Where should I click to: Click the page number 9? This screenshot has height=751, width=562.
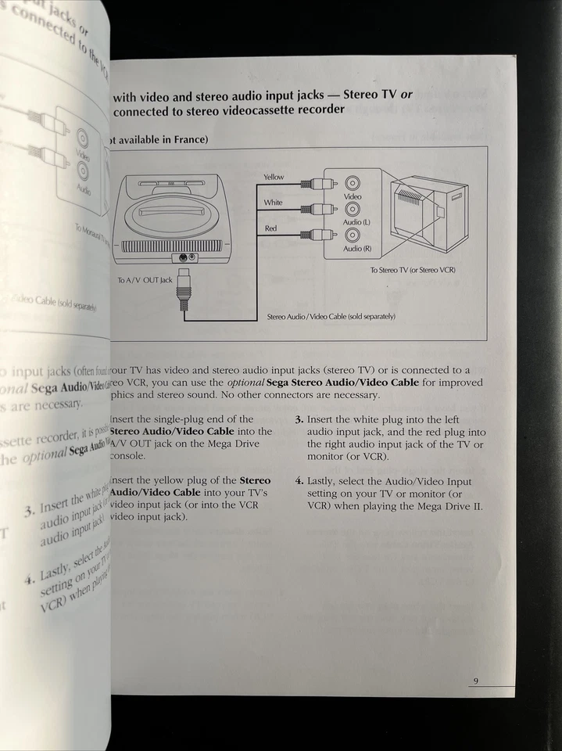coord(474,681)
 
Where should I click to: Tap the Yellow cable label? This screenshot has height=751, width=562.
coord(274,177)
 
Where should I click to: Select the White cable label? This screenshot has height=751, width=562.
coord(273,203)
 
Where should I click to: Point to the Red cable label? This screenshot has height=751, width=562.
coord(270,228)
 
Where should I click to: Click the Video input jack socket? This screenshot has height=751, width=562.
coord(353,184)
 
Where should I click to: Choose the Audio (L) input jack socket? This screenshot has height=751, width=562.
coord(353,209)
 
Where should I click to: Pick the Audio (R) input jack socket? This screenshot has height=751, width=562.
coord(353,235)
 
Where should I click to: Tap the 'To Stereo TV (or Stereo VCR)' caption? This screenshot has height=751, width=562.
coord(413,270)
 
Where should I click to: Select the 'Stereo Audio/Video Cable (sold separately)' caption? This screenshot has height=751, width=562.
coord(331,316)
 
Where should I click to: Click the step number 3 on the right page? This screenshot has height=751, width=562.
coord(299,420)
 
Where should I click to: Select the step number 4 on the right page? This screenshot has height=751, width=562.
coord(299,482)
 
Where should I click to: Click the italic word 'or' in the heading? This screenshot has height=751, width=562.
coord(406,95)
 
